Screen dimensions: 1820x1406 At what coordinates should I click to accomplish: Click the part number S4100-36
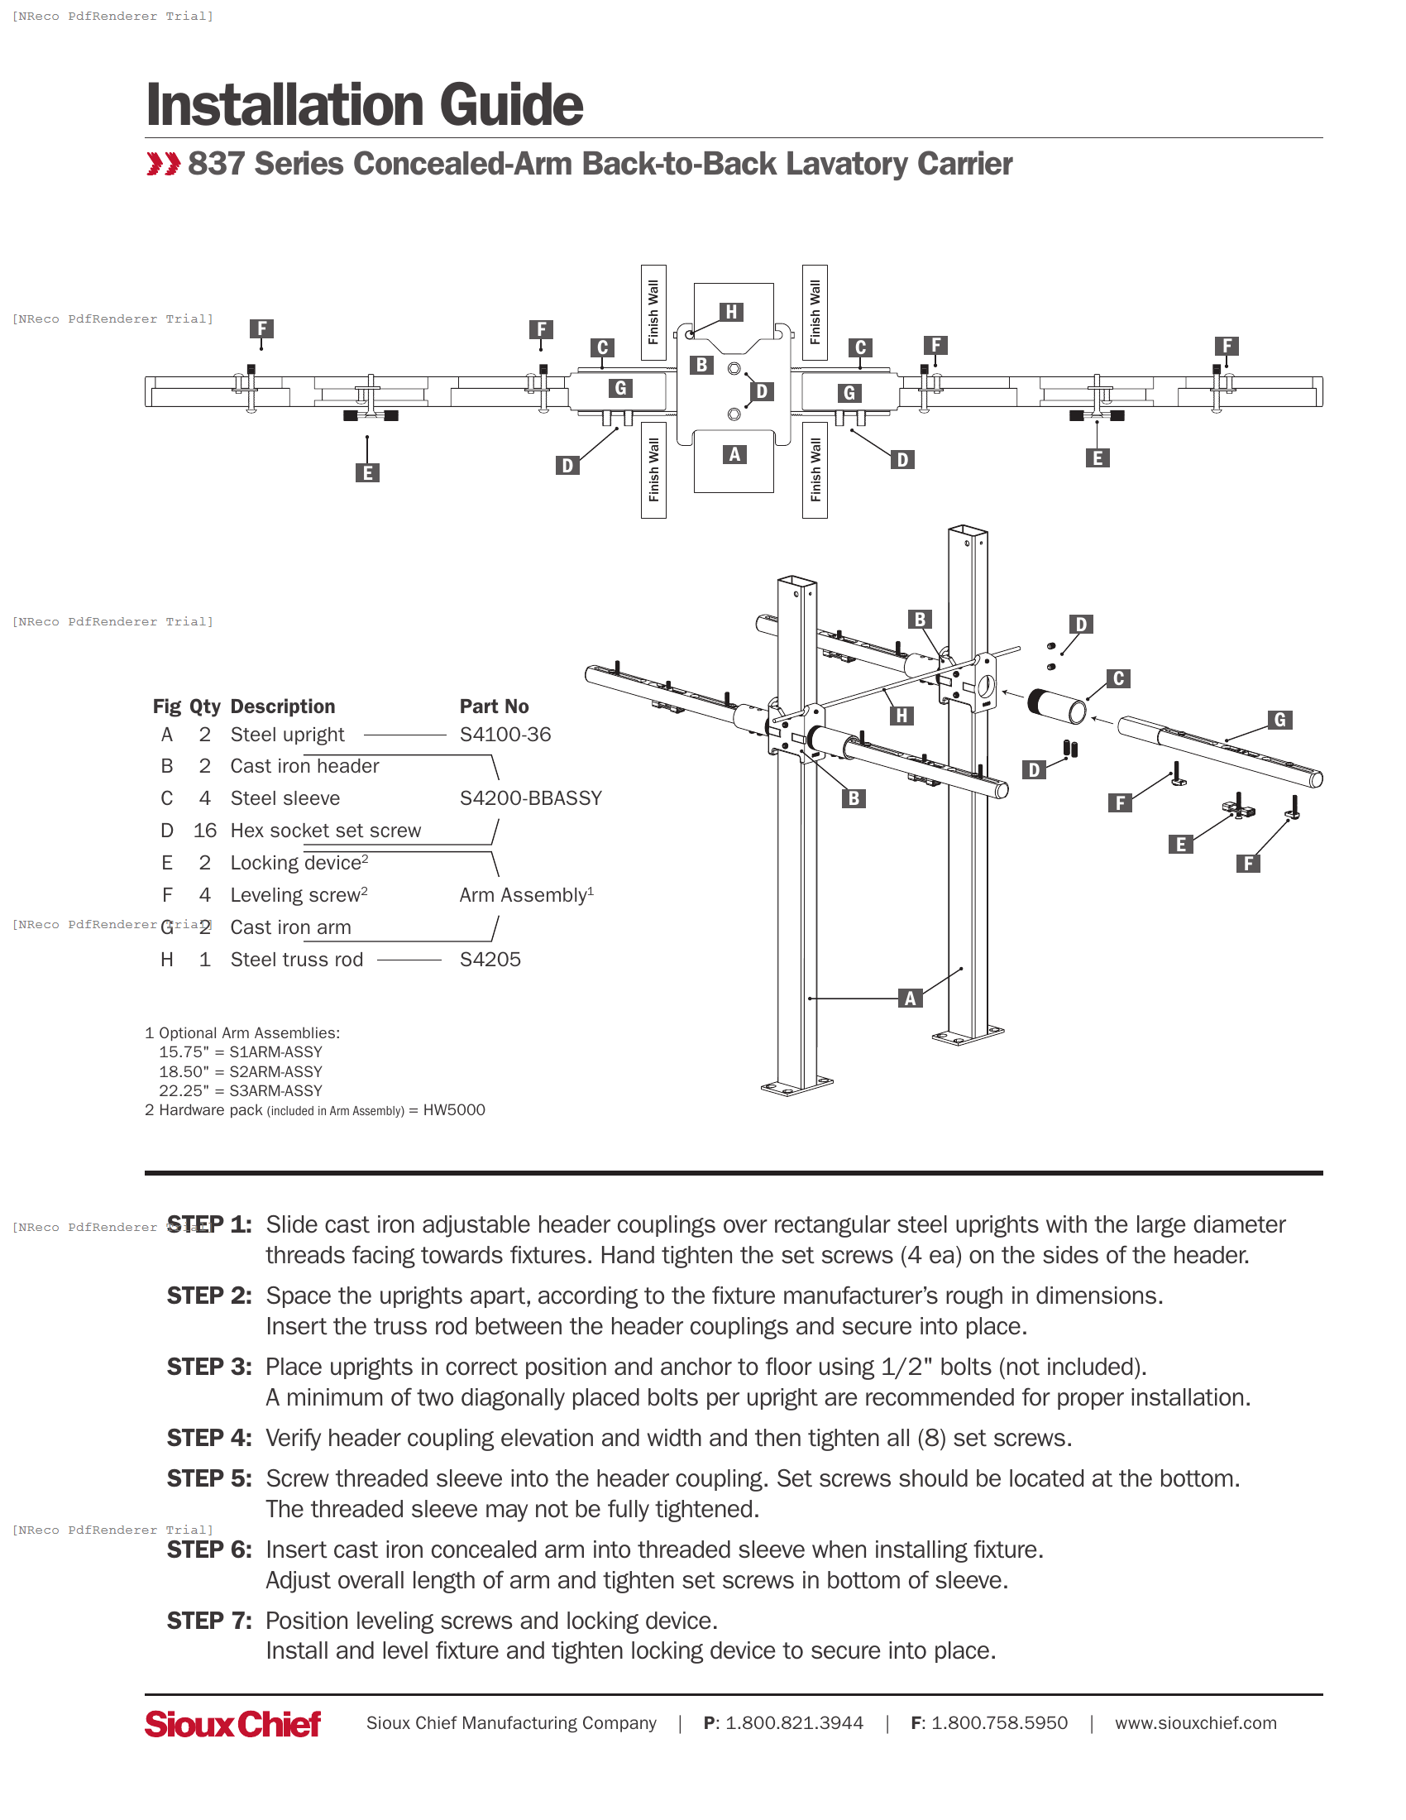point(505,735)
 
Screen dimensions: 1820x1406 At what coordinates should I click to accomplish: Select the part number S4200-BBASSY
point(531,798)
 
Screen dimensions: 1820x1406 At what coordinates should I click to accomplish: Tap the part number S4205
point(490,960)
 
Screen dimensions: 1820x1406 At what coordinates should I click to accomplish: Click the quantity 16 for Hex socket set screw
point(205,831)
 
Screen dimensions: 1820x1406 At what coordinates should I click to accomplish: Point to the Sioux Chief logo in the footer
point(232,1723)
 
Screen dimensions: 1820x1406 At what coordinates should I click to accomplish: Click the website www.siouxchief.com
point(1195,1723)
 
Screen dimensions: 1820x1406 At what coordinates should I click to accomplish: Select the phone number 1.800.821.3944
point(794,1723)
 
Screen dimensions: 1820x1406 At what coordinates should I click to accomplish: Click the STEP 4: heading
point(209,1439)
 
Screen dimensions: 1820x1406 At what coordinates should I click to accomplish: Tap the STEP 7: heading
point(209,1621)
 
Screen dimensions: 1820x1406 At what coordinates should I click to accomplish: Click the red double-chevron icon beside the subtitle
point(163,164)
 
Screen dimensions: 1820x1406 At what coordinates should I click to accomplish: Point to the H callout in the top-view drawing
point(731,312)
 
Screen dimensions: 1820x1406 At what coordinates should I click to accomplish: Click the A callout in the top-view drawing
point(734,454)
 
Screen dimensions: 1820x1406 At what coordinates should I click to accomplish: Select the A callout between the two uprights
point(911,999)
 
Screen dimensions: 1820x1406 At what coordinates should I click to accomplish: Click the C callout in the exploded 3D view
point(1119,678)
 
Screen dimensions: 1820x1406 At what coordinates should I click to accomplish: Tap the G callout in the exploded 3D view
point(1280,720)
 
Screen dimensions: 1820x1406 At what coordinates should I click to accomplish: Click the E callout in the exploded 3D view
point(1180,844)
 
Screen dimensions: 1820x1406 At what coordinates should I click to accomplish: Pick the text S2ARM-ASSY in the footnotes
point(275,1071)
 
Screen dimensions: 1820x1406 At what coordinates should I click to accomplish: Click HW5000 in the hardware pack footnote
point(454,1110)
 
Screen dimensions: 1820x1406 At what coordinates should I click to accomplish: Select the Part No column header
point(494,706)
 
